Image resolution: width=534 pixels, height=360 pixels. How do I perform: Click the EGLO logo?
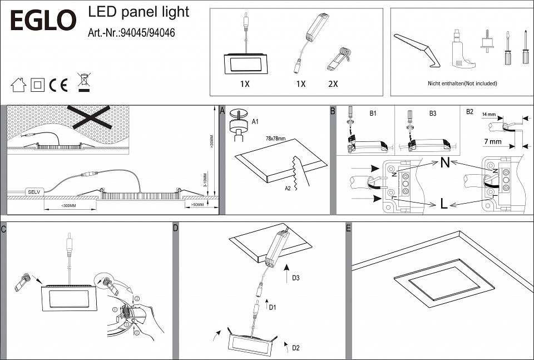43,21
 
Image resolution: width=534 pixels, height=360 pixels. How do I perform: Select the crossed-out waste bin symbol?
83,82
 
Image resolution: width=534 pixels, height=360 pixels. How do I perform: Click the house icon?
18,85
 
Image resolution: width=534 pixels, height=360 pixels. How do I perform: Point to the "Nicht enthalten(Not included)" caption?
454,83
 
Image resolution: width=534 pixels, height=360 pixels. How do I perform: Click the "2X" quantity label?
333,84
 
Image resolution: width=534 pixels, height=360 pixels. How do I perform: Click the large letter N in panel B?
444,164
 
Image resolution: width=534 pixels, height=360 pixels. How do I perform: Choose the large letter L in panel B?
444,204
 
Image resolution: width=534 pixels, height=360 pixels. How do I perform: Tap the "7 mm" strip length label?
493,142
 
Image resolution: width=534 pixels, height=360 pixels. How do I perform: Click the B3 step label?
433,113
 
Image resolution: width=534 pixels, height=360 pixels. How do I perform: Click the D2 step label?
296,348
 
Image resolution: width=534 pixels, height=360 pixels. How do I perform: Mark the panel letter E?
348,229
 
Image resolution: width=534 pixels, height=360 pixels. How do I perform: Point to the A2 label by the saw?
288,188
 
